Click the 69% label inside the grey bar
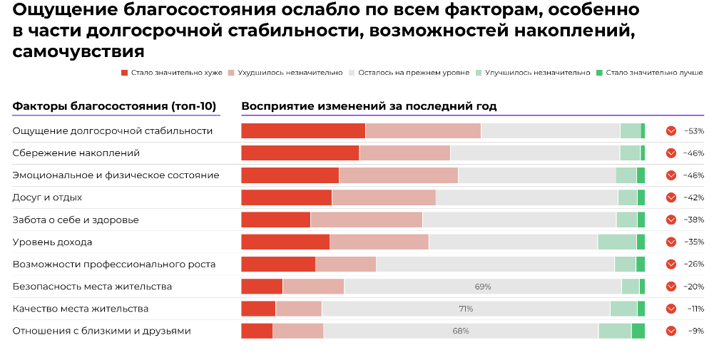pyautogui.click(x=483, y=287)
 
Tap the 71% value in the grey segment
pyautogui.click(x=466, y=309)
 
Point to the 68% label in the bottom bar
pyautogui.click(x=461, y=331)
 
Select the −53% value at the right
pyautogui.click(x=694, y=131)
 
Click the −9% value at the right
pyautogui.click(x=695, y=331)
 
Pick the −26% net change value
pyautogui.click(x=694, y=264)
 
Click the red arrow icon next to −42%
pyautogui.click(x=671, y=197)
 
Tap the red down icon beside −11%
pyautogui.click(x=671, y=309)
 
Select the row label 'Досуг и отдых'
pyautogui.click(x=47, y=197)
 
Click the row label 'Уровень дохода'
pyautogui.click(x=52, y=242)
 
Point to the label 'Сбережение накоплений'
pyautogui.click(x=76, y=153)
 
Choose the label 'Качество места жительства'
pyautogui.click(x=81, y=309)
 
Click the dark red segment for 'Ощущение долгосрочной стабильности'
pyautogui.click(x=303, y=131)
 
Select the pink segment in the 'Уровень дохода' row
pyautogui.click(x=379, y=242)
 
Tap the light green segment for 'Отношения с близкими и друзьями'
pyautogui.click(x=614, y=331)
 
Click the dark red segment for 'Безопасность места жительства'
pyautogui.click(x=262, y=287)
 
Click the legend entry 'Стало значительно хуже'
pyautogui.click(x=172, y=73)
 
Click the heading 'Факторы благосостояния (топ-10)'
pyautogui.click(x=114, y=107)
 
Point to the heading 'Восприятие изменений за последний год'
pyautogui.click(x=369, y=107)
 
